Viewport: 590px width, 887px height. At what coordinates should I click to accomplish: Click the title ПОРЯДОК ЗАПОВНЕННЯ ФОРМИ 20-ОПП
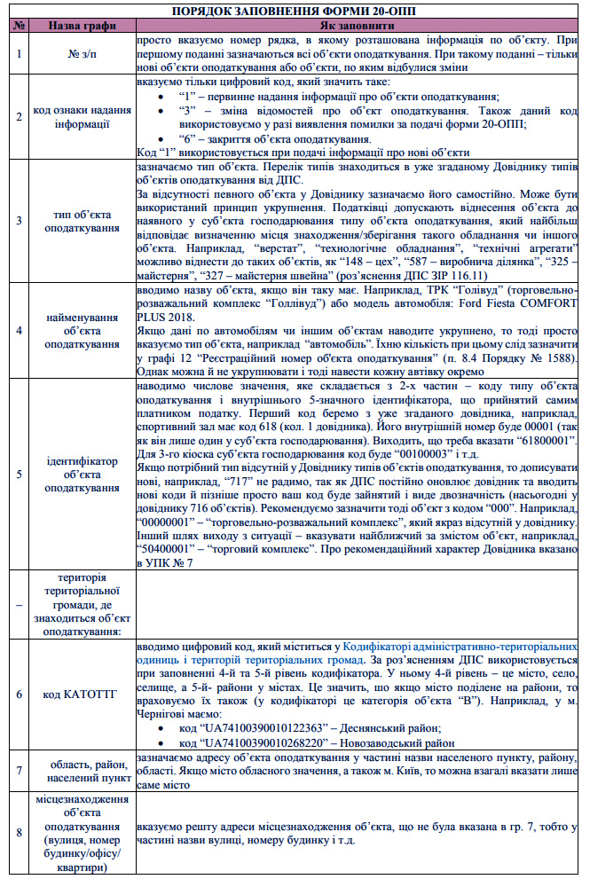tap(295, 11)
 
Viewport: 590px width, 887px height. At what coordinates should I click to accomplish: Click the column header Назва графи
tap(83, 26)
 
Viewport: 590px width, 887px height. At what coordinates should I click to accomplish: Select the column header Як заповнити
tap(357, 26)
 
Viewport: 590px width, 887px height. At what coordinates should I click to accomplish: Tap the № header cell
tap(19, 26)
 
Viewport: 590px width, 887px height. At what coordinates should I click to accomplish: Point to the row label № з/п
tap(83, 55)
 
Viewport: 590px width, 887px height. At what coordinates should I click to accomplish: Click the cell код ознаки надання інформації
tap(83, 116)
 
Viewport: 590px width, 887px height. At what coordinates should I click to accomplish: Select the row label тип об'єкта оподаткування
tap(83, 220)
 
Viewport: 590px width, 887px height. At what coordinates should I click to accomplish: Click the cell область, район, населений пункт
tap(83, 771)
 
